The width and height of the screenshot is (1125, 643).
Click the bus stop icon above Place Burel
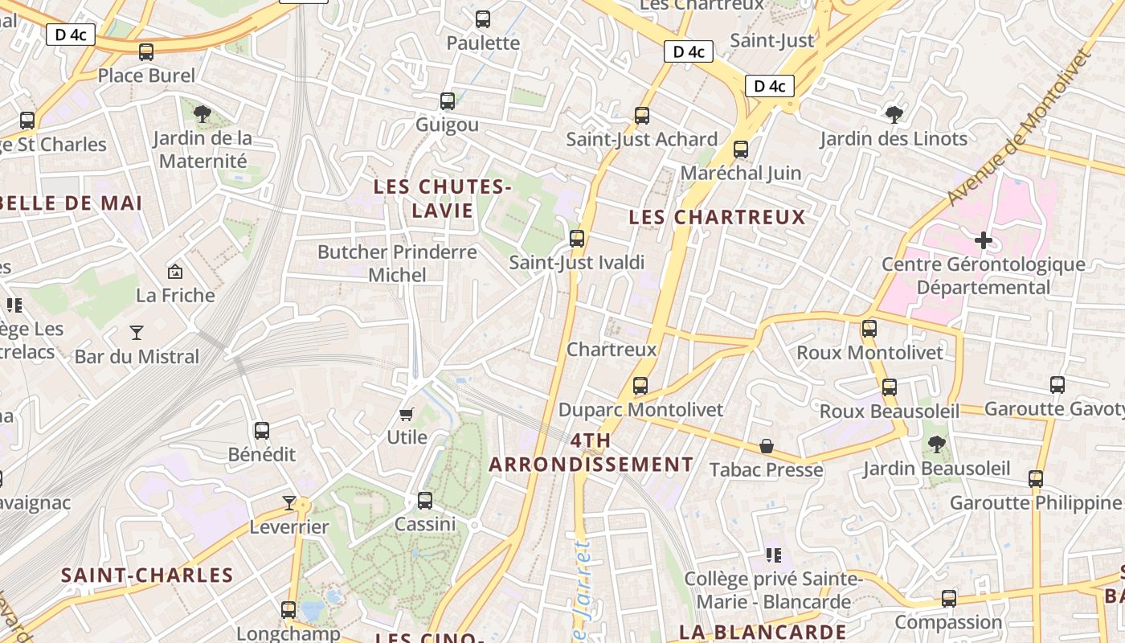pyautogui.click(x=145, y=52)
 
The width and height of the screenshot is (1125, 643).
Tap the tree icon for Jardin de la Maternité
pyautogui.click(x=202, y=113)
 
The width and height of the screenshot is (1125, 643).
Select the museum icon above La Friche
pyautogui.click(x=174, y=272)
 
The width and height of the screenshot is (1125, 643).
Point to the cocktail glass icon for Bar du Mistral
pyautogui.click(x=137, y=332)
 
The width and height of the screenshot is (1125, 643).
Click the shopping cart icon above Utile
pyautogui.click(x=407, y=414)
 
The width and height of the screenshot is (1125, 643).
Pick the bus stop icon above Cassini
pyautogui.click(x=425, y=501)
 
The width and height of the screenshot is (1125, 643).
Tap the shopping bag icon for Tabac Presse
pyautogui.click(x=767, y=446)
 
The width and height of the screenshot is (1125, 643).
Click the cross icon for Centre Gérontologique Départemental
pyautogui.click(x=983, y=240)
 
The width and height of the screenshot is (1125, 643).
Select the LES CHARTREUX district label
pyautogui.click(x=717, y=217)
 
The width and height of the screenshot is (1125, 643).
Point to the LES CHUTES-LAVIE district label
pyautogui.click(x=442, y=199)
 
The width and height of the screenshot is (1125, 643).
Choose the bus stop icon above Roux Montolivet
pyautogui.click(x=869, y=329)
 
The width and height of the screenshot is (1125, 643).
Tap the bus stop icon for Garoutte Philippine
pyautogui.click(x=1036, y=479)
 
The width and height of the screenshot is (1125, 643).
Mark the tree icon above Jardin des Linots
pyautogui.click(x=894, y=115)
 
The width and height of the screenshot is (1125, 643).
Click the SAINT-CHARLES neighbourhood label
pyautogui.click(x=147, y=575)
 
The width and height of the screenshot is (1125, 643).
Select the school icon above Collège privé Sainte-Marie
pyautogui.click(x=774, y=555)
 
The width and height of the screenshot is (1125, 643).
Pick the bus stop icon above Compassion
pyautogui.click(x=949, y=599)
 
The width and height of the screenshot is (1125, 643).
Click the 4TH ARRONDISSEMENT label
pyautogui.click(x=591, y=453)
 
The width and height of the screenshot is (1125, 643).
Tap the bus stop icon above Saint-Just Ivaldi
pyautogui.click(x=576, y=239)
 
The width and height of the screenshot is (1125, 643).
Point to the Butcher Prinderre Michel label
pyautogui.click(x=397, y=263)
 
